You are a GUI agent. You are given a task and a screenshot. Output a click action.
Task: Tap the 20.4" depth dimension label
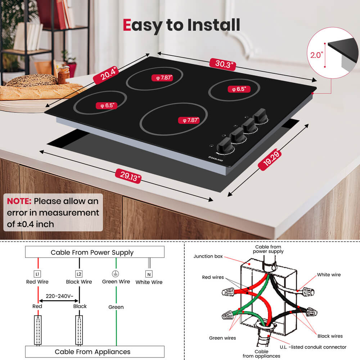pyautogui.click(x=106, y=75)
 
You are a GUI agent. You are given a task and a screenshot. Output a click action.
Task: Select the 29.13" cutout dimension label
pyautogui.click(x=128, y=176)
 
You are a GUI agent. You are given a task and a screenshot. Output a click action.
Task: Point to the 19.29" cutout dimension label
pyautogui.click(x=270, y=159)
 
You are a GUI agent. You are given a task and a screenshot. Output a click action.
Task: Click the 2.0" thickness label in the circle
pyautogui.click(x=316, y=55)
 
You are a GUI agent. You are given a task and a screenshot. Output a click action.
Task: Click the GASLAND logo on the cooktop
pyautogui.click(x=216, y=159)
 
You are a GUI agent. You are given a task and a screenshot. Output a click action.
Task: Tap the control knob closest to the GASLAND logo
pyautogui.click(x=225, y=145)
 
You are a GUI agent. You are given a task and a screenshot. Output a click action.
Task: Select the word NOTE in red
pyautogui.click(x=19, y=201)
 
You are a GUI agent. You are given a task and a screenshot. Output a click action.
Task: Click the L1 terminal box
pyautogui.click(x=37, y=274)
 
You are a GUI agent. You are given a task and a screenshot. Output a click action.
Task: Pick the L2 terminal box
pyautogui.click(x=79, y=274)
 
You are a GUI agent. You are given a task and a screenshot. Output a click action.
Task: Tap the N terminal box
pyautogui.click(x=149, y=274)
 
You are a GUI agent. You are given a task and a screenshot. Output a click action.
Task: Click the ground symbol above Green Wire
pyautogui.click(x=116, y=274)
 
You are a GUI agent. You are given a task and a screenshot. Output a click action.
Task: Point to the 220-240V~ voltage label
pyautogui.click(x=59, y=296)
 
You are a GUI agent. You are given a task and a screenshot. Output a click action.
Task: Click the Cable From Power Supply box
pyautogui.click(x=95, y=252)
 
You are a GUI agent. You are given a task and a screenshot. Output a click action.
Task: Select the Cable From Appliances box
pyautogui.click(x=95, y=351)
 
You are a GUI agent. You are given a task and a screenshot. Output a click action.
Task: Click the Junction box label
pyautogui.click(x=208, y=256)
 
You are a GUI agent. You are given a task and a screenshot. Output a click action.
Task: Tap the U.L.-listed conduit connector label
pyautogui.click(x=313, y=347)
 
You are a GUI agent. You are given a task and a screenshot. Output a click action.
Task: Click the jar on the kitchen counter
pyautogui.click(x=64, y=75)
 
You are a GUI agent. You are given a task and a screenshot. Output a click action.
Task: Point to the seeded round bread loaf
pyautogui.click(x=32, y=80)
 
